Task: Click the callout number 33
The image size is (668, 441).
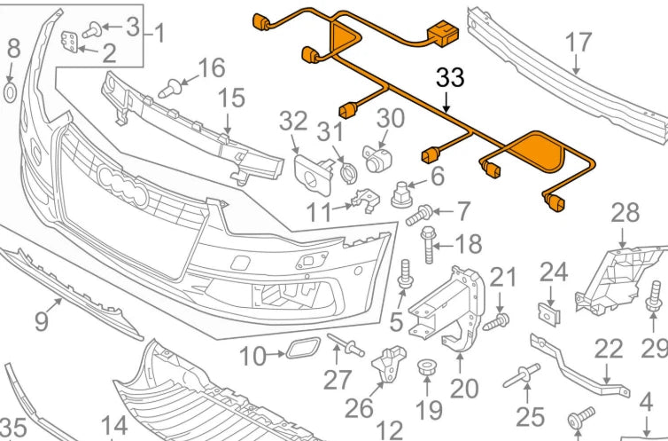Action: pyautogui.click(x=450, y=78)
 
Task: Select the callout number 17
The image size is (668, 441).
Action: pyautogui.click(x=578, y=43)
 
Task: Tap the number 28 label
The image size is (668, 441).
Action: pyautogui.click(x=625, y=213)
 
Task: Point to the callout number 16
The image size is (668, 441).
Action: pyautogui.click(x=211, y=67)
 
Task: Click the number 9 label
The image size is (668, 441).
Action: pyautogui.click(x=42, y=320)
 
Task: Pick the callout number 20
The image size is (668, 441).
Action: pyautogui.click(x=463, y=389)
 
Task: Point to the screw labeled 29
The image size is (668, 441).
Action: pyautogui.click(x=656, y=297)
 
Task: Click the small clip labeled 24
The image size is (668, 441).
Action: pyautogui.click(x=550, y=312)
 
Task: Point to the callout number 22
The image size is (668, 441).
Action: pyautogui.click(x=609, y=350)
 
